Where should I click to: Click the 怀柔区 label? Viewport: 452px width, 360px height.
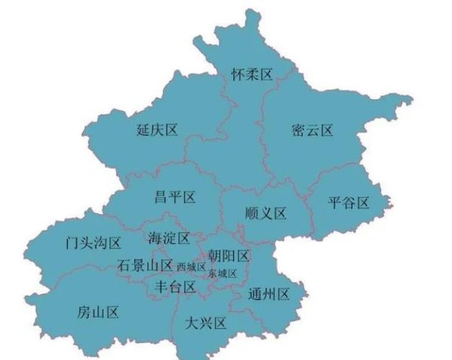click(x=252, y=73)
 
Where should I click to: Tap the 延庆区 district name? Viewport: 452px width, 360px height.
click(x=157, y=130)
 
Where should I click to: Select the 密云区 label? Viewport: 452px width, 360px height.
click(x=312, y=130)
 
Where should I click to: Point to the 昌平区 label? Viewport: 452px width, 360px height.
click(x=175, y=197)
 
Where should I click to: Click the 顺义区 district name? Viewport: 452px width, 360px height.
click(x=266, y=214)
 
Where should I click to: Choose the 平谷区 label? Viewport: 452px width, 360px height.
click(x=349, y=203)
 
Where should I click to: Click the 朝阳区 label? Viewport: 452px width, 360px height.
click(x=230, y=255)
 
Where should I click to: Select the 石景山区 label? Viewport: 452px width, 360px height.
click(x=145, y=266)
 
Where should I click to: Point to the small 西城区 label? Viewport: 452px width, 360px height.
click(x=191, y=267)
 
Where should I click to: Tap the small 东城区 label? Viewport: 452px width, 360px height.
click(x=223, y=273)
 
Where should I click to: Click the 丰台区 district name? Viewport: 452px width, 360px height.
click(x=175, y=287)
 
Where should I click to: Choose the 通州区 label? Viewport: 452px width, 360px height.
click(x=269, y=294)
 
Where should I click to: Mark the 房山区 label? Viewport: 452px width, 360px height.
click(x=99, y=311)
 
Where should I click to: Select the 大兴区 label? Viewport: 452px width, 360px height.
click(x=206, y=323)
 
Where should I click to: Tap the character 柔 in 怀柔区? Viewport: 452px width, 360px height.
click(x=252, y=73)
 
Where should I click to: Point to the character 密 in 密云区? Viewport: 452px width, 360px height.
click(x=298, y=130)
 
